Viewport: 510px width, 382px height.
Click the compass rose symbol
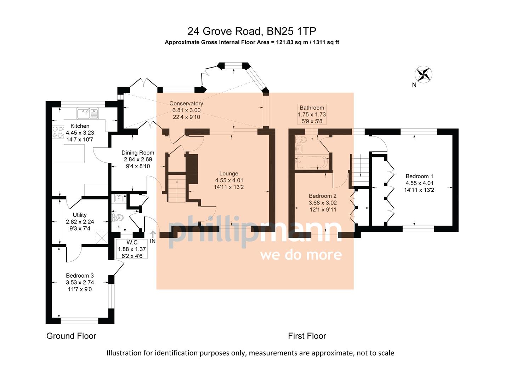(423, 74)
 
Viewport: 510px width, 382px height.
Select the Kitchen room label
(80, 126)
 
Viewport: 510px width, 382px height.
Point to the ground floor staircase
(177, 189)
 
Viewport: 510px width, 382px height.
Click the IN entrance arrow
(153, 235)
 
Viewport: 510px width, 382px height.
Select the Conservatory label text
(186, 103)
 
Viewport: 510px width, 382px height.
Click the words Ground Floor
(71, 336)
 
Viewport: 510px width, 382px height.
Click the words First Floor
(307, 336)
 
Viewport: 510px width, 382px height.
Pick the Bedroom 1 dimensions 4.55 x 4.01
(419, 183)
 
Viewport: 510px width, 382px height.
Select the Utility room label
(80, 215)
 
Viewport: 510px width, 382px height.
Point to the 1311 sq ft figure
(327, 42)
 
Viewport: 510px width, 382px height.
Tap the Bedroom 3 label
(80, 276)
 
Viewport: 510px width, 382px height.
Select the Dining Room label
(138, 152)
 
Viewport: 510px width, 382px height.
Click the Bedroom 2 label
(322, 196)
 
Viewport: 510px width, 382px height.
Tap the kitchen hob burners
(56, 133)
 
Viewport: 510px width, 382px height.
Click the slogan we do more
(301, 255)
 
